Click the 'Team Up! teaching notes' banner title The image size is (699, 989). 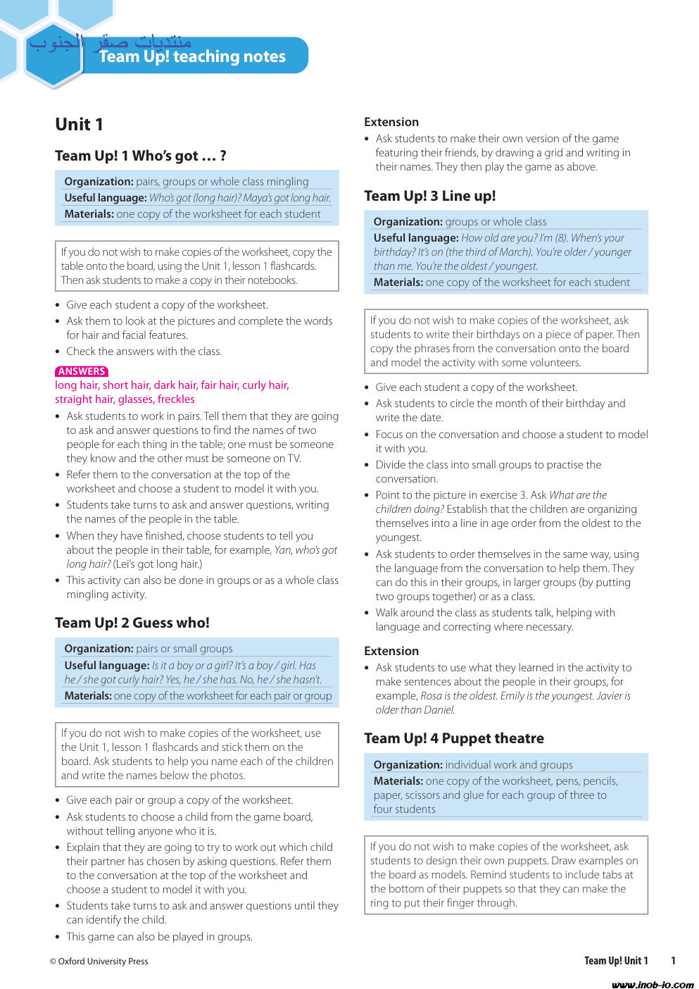point(192,57)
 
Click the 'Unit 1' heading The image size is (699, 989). point(80,125)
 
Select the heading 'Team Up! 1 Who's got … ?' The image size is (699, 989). point(141,156)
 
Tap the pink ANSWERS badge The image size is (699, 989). point(82,371)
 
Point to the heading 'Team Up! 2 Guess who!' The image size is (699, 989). point(132,623)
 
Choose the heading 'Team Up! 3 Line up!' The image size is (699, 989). point(429,196)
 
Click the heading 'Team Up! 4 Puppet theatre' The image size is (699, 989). point(454,738)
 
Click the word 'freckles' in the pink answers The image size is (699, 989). point(176,399)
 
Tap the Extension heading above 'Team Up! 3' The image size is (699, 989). point(391,122)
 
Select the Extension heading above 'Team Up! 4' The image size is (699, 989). point(391,651)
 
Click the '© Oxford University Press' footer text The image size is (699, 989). point(99,961)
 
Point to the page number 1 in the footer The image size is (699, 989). point(673,961)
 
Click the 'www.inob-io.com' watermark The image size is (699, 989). point(652,984)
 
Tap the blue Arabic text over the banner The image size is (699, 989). point(110,42)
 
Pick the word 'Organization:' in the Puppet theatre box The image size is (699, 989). point(408,764)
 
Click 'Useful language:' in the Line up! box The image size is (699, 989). point(416,238)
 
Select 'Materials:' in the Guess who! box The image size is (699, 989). point(88,696)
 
